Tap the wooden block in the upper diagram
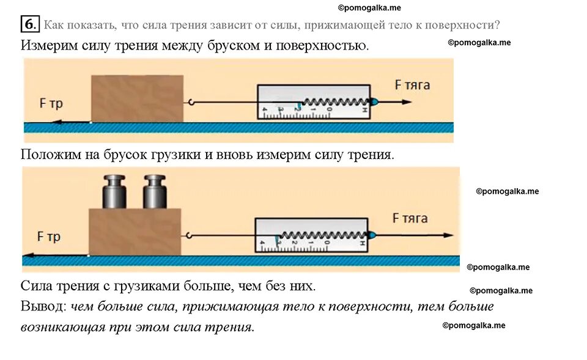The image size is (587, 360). (x=137, y=98)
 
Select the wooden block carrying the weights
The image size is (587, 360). (x=135, y=231)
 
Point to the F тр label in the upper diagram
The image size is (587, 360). (x=51, y=104)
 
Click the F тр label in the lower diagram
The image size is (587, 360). (x=49, y=237)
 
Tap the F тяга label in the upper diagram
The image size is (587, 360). (x=412, y=85)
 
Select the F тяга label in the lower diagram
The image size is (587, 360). (x=410, y=218)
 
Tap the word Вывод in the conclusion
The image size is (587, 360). (x=43, y=307)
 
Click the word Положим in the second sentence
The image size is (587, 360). (x=50, y=155)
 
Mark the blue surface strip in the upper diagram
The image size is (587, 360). (x=238, y=127)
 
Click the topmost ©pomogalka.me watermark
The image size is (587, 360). (x=369, y=8)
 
